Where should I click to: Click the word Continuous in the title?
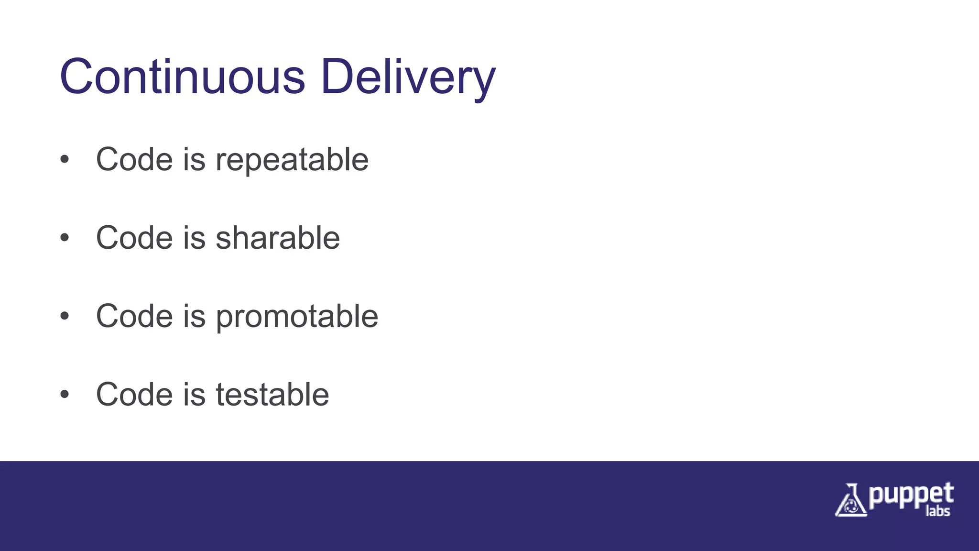click(x=182, y=77)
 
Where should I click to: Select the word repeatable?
click(x=292, y=160)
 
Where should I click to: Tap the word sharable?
click(x=278, y=238)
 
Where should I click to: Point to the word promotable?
click(x=297, y=317)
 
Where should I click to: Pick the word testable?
click(x=272, y=395)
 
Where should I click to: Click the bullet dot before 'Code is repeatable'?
click(x=65, y=159)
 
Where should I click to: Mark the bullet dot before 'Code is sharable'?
click(x=65, y=238)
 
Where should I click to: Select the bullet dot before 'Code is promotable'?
click(x=65, y=316)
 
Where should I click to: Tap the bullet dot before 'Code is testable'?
click(x=65, y=395)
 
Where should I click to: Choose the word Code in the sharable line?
click(x=134, y=238)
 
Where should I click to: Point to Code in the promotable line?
click(x=134, y=316)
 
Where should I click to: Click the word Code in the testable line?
click(x=134, y=395)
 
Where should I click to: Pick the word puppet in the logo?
click(x=911, y=496)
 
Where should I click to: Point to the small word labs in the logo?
click(x=937, y=511)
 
